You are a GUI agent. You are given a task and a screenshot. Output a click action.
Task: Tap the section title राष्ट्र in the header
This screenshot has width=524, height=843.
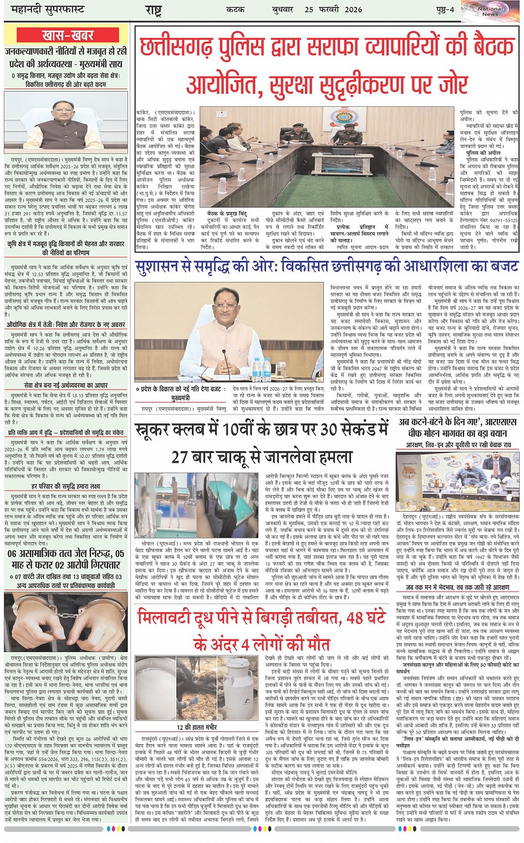[153, 9]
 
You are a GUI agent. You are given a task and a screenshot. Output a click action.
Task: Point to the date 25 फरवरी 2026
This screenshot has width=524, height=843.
[333, 9]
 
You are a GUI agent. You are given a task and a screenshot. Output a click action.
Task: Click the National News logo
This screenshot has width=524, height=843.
[490, 11]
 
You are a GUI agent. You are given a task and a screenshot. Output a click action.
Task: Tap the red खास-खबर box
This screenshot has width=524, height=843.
[68, 35]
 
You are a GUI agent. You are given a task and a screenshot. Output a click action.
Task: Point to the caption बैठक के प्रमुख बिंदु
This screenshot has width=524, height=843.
[227, 213]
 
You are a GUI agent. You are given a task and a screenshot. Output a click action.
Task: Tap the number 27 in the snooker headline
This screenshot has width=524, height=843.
[181, 457]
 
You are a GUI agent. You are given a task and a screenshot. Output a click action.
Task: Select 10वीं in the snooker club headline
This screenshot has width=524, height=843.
[238, 430]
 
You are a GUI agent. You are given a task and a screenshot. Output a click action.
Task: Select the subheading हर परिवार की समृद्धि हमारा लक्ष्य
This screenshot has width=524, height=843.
[66, 486]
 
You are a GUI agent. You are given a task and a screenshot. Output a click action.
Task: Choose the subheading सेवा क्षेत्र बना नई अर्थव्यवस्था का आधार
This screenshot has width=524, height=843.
[65, 385]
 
